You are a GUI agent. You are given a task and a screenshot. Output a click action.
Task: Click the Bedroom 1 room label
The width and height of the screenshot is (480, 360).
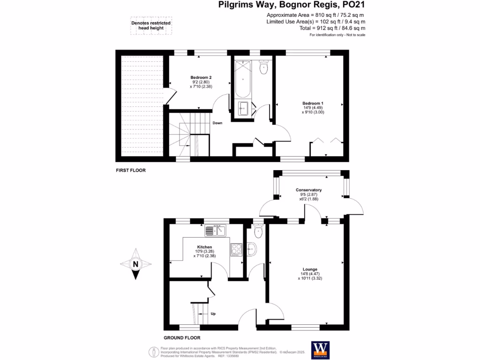point(313,103)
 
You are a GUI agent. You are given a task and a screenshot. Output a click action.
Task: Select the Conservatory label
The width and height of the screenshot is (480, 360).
point(308,190)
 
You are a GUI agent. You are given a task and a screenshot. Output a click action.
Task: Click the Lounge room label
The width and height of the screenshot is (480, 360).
point(310,269)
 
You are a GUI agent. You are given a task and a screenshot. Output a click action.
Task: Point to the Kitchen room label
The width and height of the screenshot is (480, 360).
point(204,247)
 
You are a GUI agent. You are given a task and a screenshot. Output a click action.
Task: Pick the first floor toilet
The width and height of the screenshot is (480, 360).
point(263,68)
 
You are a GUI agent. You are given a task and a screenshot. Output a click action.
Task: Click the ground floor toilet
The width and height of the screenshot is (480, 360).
point(258,232)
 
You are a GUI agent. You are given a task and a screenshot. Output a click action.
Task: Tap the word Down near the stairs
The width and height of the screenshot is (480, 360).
point(217,123)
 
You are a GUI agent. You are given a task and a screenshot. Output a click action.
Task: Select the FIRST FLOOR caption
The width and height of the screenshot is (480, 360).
point(131,171)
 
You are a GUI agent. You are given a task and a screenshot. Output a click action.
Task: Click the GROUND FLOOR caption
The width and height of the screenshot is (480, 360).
point(182,337)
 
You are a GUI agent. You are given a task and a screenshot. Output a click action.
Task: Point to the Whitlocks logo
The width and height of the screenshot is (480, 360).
point(321,349)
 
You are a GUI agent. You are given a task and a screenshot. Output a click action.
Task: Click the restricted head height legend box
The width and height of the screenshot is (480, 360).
point(151,25)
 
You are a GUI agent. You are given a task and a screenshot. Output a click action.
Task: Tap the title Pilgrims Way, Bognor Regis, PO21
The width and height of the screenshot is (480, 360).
point(292,6)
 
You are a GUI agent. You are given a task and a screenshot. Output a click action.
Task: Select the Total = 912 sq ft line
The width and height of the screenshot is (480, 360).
point(323,29)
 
